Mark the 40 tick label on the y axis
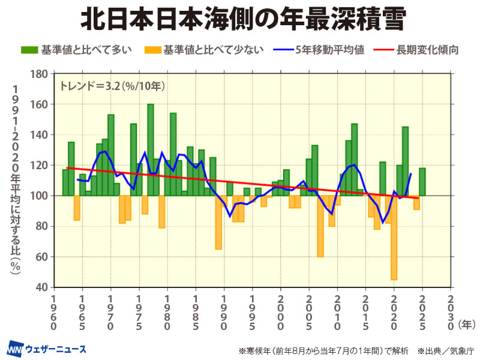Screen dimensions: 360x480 41,287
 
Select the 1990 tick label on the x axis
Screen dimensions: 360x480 224,312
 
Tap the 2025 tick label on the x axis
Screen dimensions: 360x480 422,312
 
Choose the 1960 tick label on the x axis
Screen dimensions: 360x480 54,312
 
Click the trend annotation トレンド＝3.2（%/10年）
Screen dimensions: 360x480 112,85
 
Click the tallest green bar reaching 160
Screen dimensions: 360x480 151,150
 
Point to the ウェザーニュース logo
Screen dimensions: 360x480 47,349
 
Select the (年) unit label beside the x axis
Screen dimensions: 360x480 466,324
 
